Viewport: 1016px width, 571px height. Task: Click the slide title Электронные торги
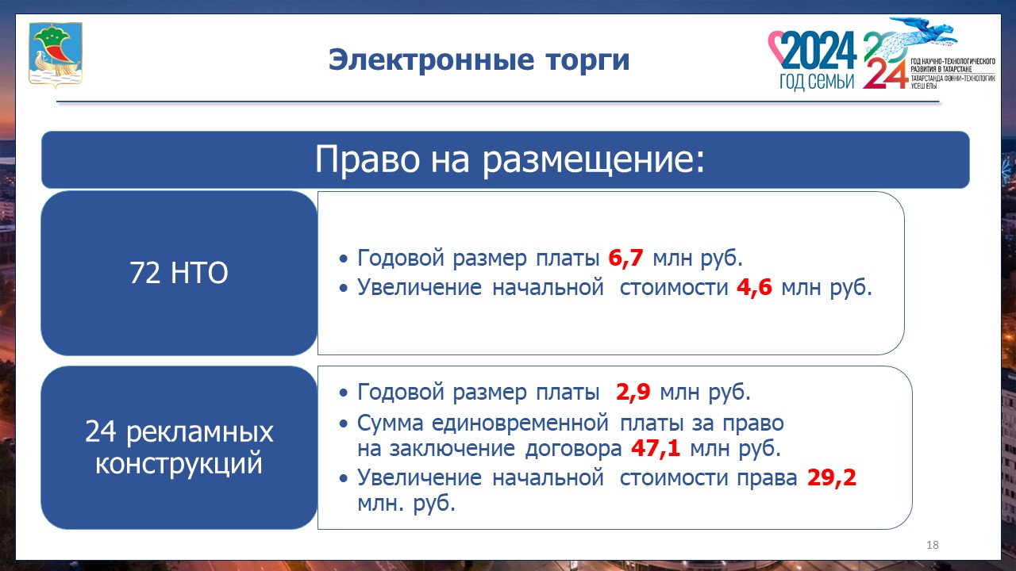(479, 60)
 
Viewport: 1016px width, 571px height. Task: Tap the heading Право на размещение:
(510, 159)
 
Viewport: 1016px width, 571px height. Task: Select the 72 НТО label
(179, 274)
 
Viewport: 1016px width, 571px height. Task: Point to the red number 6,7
(625, 259)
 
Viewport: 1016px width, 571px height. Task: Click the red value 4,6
(754, 287)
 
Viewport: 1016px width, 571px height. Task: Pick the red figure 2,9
(634, 393)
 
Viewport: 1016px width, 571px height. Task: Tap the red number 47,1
(656, 449)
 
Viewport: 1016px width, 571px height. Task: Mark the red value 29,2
(832, 477)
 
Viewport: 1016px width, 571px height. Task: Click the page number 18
(933, 545)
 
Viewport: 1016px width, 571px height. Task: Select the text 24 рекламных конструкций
(179, 447)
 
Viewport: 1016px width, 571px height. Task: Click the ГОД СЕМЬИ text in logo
(816, 82)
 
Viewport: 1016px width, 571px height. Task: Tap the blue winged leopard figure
(921, 35)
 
